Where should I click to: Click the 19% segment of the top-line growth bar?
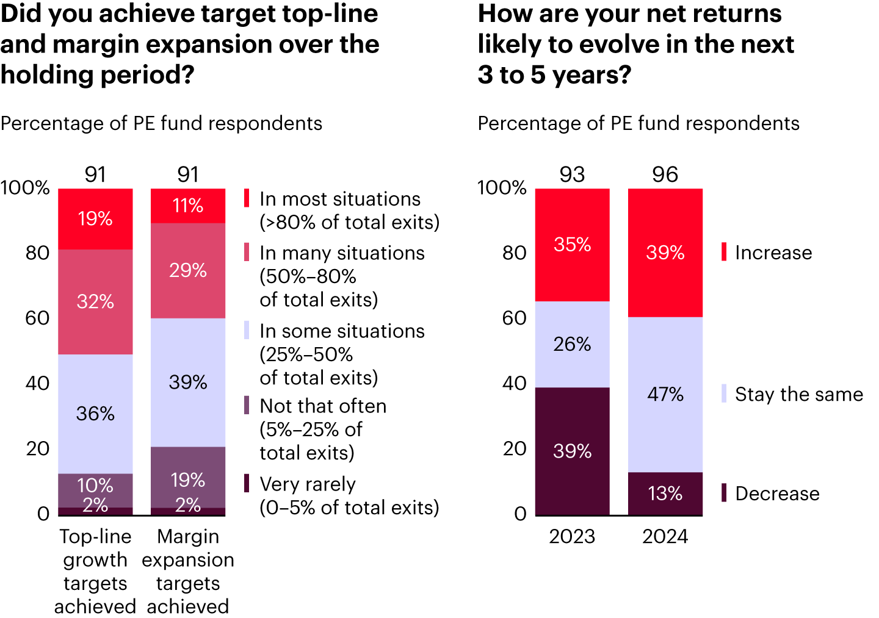pyautogui.click(x=95, y=219)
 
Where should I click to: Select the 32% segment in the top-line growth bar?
pyautogui.click(x=95, y=301)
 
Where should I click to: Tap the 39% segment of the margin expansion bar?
pyautogui.click(x=188, y=383)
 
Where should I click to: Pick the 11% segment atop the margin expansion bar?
pyautogui.click(x=188, y=206)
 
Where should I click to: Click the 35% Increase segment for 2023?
pyautogui.click(x=572, y=245)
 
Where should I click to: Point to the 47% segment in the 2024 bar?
pyautogui.click(x=665, y=394)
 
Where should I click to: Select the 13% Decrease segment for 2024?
pyautogui.click(x=665, y=493)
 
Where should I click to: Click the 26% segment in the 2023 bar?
pyautogui.click(x=572, y=344)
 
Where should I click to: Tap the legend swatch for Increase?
pyautogui.click(x=724, y=252)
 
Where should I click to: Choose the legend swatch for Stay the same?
pyautogui.click(x=724, y=393)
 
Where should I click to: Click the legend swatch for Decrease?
pyautogui.click(x=724, y=493)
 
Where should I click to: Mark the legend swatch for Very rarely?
pyautogui.click(x=247, y=483)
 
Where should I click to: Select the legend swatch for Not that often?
pyautogui.click(x=247, y=405)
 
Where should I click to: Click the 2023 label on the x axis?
pyautogui.click(x=572, y=536)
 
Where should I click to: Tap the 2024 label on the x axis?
pyautogui.click(x=665, y=536)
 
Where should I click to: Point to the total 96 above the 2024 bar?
pyautogui.click(x=665, y=174)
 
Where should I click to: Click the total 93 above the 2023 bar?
pyautogui.click(x=572, y=174)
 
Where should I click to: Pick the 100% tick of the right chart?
pyautogui.click(x=501, y=187)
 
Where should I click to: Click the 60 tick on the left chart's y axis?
pyautogui.click(x=37, y=318)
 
